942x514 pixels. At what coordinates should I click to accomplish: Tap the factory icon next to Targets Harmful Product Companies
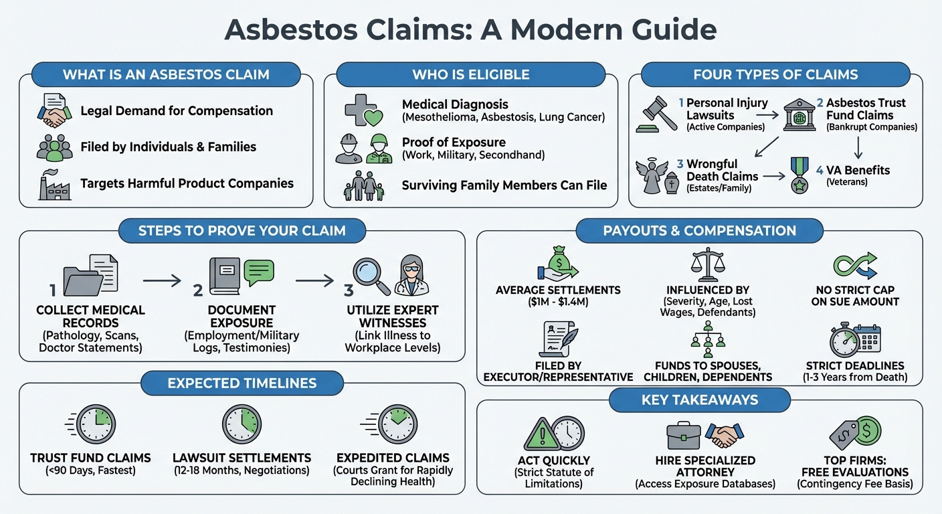(x=54, y=183)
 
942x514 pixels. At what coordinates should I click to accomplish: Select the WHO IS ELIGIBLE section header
(x=470, y=74)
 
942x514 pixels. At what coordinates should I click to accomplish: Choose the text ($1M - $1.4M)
(x=558, y=303)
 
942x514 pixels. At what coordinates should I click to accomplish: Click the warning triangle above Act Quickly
(x=542, y=433)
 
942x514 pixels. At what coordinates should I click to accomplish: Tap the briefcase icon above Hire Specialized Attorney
(x=684, y=435)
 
